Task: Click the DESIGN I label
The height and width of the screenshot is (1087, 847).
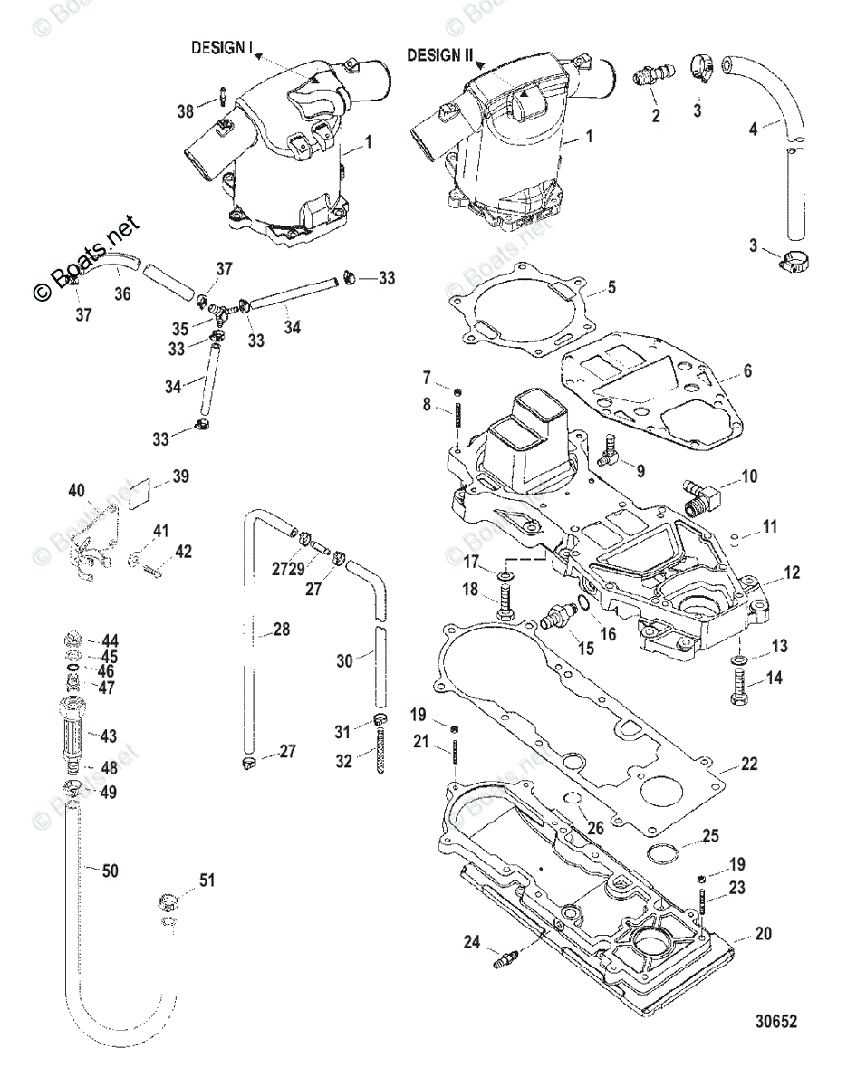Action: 221,48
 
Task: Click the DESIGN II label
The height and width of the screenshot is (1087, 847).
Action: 439,55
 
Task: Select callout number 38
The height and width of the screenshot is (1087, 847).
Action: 185,111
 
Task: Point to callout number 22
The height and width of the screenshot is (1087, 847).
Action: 748,765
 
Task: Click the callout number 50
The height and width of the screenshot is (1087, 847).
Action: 109,871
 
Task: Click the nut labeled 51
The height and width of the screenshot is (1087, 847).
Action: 168,900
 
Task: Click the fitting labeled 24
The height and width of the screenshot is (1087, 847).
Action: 505,957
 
